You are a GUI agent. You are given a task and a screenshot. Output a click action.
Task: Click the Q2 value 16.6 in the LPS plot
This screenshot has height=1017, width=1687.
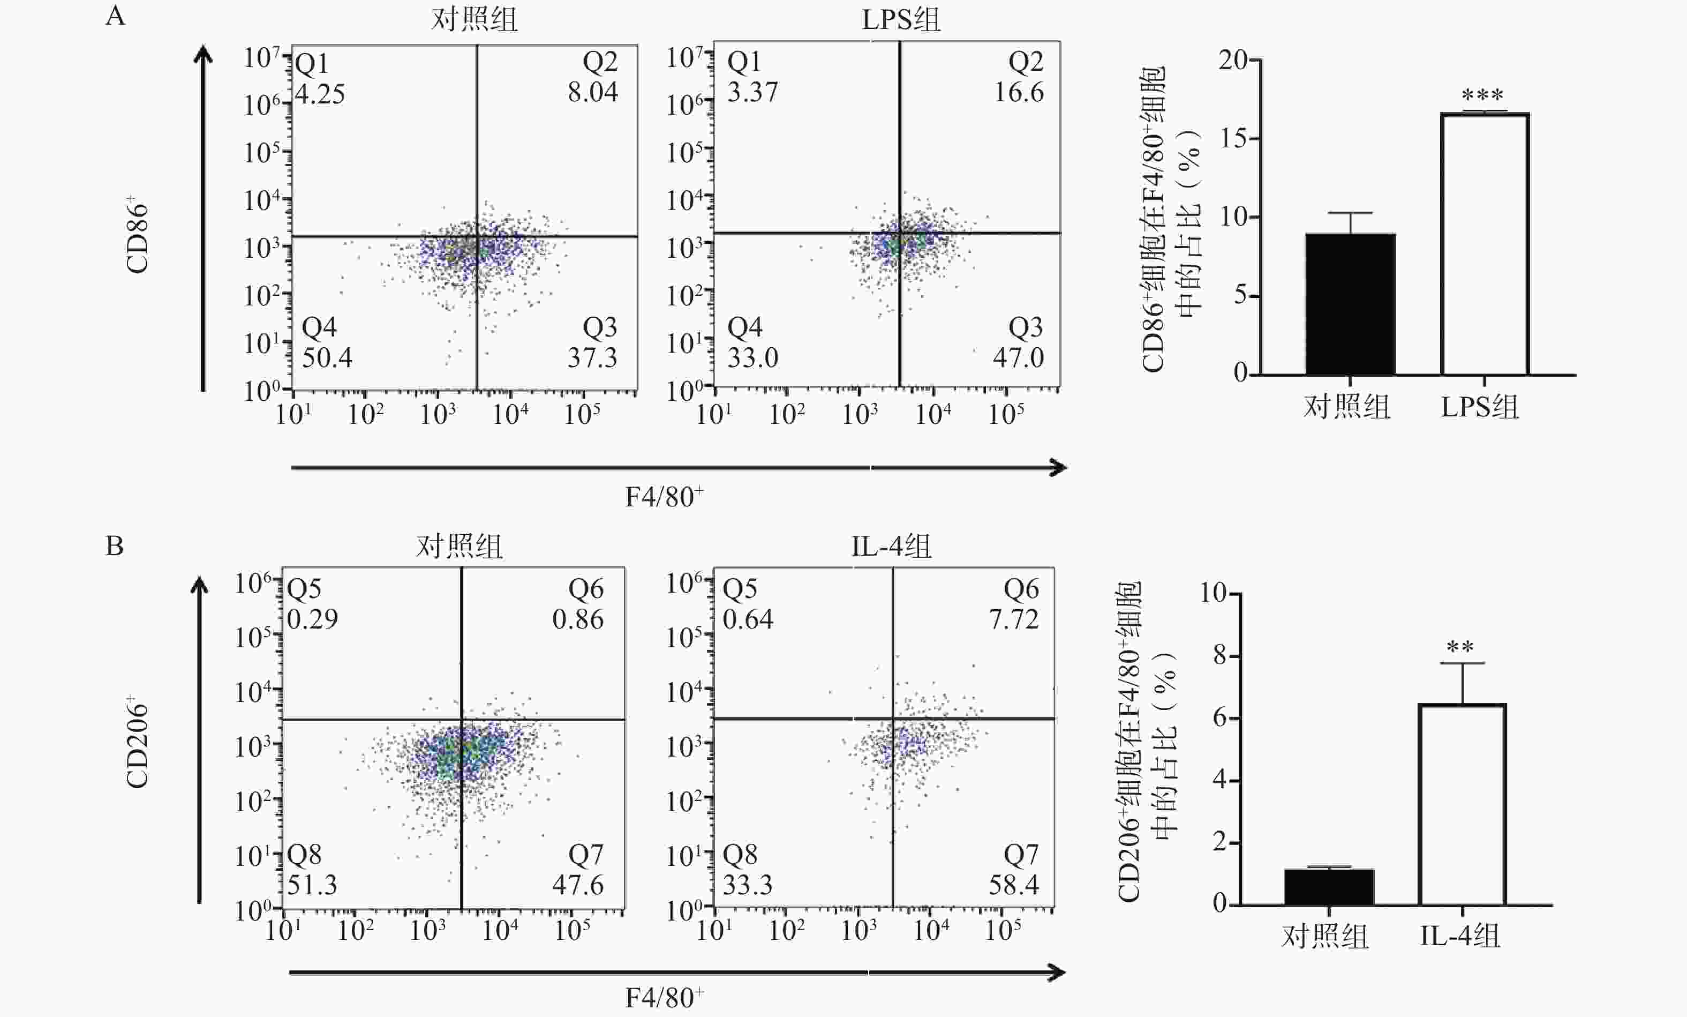[1018, 92]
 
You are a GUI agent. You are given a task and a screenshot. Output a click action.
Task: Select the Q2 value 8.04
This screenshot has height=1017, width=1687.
[592, 92]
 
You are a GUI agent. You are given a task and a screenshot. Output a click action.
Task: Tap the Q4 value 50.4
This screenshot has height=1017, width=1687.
[327, 357]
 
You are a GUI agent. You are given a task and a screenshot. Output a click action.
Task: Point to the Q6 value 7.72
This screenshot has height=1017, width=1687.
[1013, 619]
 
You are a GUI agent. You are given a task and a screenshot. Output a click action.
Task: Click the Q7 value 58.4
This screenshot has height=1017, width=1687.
[1013, 885]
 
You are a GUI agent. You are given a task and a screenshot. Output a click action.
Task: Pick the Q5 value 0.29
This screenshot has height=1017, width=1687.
[312, 619]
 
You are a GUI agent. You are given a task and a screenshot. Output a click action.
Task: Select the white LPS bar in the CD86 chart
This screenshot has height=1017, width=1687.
[1485, 244]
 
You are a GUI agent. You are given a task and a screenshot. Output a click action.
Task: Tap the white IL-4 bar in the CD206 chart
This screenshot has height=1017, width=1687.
[1462, 804]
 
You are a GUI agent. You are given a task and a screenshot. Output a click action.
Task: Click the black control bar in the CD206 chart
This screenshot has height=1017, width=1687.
[1328, 887]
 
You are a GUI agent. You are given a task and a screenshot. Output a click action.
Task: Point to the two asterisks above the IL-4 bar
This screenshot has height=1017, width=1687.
[1460, 647]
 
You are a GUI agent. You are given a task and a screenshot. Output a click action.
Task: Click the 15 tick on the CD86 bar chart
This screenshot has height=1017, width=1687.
[1238, 139]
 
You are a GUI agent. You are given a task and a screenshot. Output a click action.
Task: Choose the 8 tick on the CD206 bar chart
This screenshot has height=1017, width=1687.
[1219, 656]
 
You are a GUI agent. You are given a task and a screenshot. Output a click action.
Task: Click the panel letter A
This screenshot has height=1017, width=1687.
[115, 15]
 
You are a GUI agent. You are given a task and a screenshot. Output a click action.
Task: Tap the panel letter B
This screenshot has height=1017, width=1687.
[114, 546]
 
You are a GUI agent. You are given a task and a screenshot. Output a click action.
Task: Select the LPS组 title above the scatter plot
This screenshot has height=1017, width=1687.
[901, 20]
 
